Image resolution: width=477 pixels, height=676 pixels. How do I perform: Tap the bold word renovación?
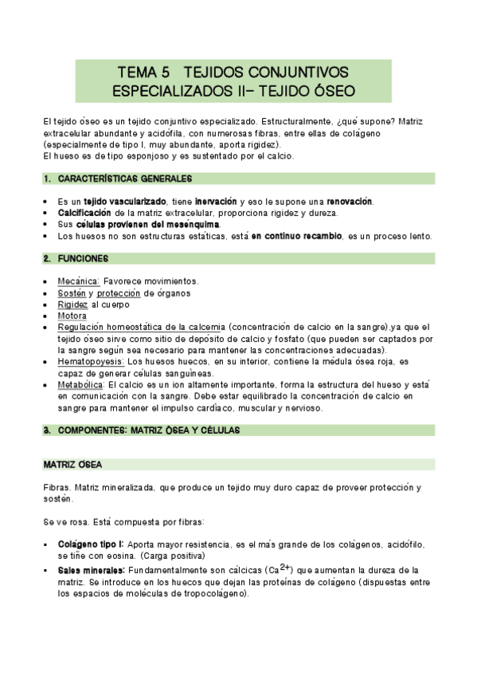[344, 202]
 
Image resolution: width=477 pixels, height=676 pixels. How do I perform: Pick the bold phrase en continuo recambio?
[296, 236]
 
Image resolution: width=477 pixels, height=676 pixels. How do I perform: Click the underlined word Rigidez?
[72, 305]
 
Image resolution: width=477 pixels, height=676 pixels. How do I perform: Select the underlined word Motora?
[72, 316]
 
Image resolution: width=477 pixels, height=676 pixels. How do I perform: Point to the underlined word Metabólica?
[81, 385]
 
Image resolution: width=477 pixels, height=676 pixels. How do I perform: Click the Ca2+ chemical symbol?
[280, 569]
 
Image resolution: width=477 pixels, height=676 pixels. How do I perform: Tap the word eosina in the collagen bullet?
[121, 556]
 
